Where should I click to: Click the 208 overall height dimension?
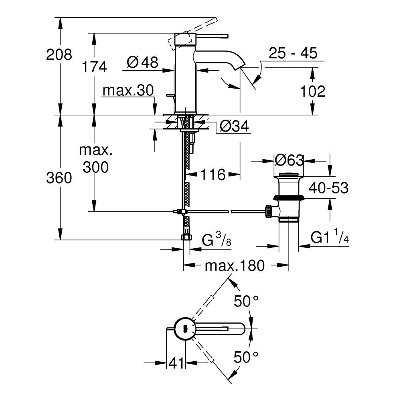click(59, 55)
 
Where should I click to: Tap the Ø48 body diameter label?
click(142, 62)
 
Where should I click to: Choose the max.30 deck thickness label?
click(128, 91)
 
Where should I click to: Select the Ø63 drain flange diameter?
click(289, 160)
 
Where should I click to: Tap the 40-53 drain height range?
click(328, 188)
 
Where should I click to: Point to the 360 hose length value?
click(59, 178)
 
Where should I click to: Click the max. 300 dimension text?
click(95, 159)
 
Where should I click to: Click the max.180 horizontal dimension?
click(235, 265)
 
